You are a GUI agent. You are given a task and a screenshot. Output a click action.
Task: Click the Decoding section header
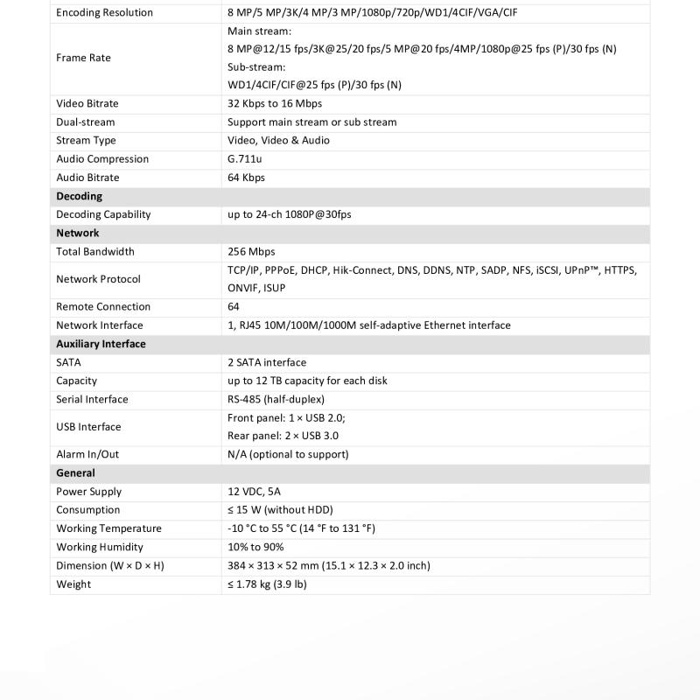coord(79,196)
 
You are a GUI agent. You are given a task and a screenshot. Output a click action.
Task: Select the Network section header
coord(78,233)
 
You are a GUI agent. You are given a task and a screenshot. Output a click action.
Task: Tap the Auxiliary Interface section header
coord(101,344)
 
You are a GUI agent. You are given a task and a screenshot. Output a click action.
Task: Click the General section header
coord(75,472)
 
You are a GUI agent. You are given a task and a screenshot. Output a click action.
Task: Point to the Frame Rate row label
coord(83,58)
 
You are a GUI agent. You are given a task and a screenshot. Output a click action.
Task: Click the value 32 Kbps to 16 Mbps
coord(275,103)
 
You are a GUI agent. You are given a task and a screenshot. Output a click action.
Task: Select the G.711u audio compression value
coord(244,159)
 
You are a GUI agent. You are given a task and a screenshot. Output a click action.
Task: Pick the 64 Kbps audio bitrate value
coord(246,178)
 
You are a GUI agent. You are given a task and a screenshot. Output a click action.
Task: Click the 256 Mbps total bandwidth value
coord(251,252)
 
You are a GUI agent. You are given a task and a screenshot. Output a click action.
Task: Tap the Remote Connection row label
coord(103,307)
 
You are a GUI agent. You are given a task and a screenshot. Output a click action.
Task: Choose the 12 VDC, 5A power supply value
coord(254,492)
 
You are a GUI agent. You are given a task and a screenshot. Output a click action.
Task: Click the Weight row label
coord(73,584)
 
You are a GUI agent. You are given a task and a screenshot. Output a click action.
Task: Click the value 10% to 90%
coord(255,547)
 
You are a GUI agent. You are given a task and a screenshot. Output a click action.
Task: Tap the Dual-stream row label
coord(86,122)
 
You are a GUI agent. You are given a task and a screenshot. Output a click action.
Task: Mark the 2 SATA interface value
coord(267,362)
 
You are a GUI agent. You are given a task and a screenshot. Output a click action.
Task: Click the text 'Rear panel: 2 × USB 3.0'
coord(283,436)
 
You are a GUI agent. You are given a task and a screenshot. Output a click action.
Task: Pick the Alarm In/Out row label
coord(87,454)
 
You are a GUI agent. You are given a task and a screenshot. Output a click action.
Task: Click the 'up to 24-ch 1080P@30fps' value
coord(289,214)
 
